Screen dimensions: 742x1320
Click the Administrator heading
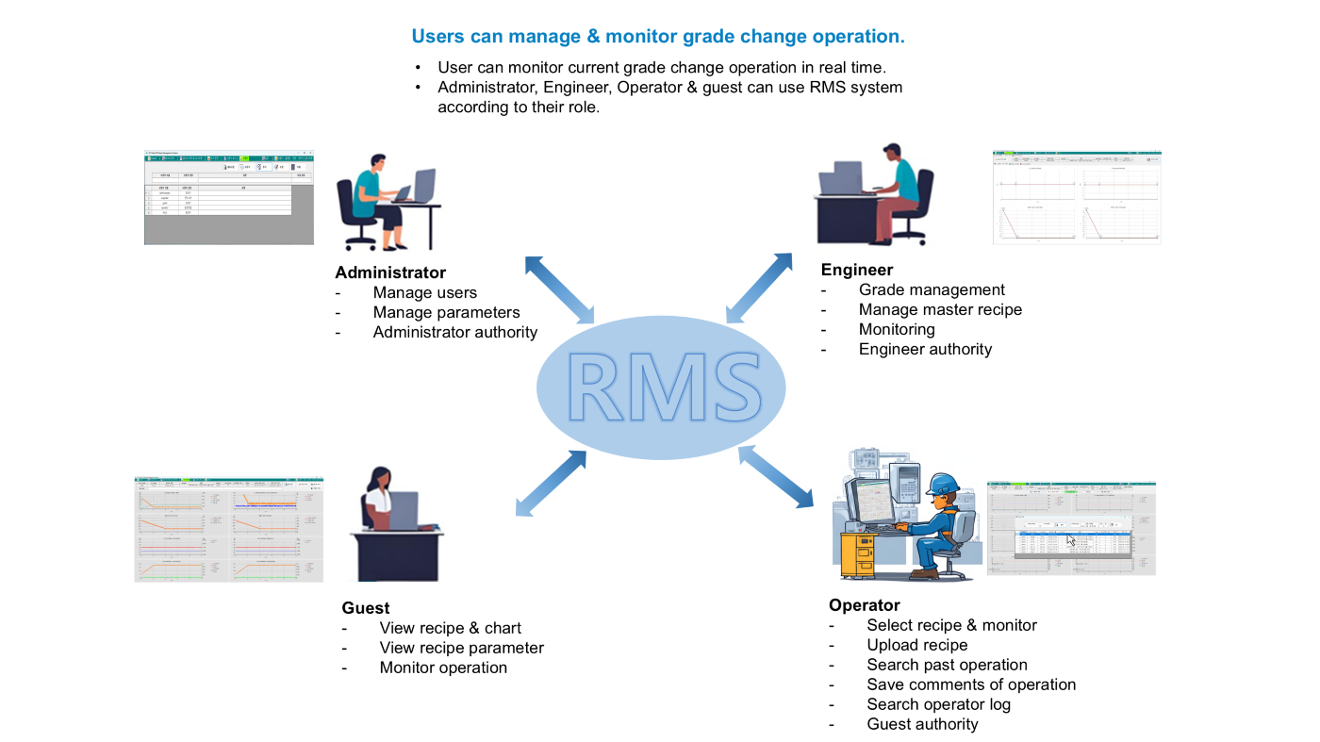click(x=390, y=272)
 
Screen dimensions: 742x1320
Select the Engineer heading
click(x=857, y=270)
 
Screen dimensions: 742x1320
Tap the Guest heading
click(x=366, y=608)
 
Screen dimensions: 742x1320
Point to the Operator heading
click(x=865, y=605)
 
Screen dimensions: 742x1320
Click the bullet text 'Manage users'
click(x=424, y=292)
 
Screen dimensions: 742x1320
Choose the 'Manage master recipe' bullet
click(x=940, y=309)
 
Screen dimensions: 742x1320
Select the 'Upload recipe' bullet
click(x=917, y=645)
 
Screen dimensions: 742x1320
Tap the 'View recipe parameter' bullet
click(x=461, y=648)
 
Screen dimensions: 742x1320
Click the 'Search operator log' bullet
click(x=938, y=704)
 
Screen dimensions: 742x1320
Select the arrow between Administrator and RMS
click(x=559, y=289)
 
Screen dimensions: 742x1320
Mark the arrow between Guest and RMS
click(x=553, y=483)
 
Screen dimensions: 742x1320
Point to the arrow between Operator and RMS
click(x=775, y=477)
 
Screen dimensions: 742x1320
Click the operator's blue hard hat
click(x=942, y=484)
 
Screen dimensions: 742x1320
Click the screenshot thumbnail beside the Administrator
click(x=228, y=198)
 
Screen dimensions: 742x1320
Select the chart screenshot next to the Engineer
click(x=1077, y=197)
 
